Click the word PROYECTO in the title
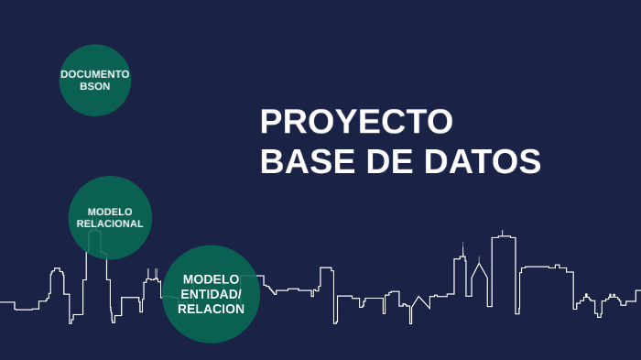tap(356, 122)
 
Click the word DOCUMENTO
tap(95, 74)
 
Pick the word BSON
tap(95, 86)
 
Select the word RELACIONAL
tap(110, 224)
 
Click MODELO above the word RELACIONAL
tap(110, 212)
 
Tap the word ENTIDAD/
tap(211, 294)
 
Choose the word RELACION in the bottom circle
tap(211, 309)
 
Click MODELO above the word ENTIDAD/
tap(211, 279)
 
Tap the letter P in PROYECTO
tap(271, 122)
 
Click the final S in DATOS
tap(530, 161)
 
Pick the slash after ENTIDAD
tap(239, 294)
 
